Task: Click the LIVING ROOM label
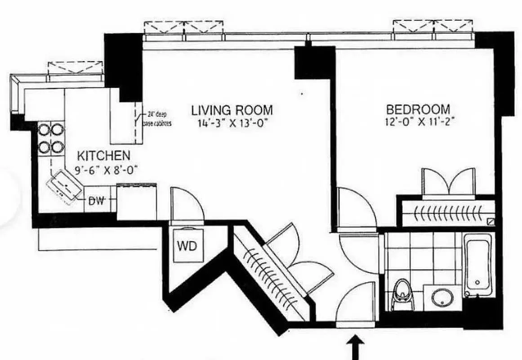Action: [x=232, y=110]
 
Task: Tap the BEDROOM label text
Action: [x=418, y=109]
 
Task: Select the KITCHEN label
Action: [x=104, y=156]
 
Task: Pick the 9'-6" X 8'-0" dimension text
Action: [x=107, y=170]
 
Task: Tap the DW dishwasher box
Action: [x=96, y=201]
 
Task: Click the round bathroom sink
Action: [x=442, y=297]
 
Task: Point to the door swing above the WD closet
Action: [x=186, y=205]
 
